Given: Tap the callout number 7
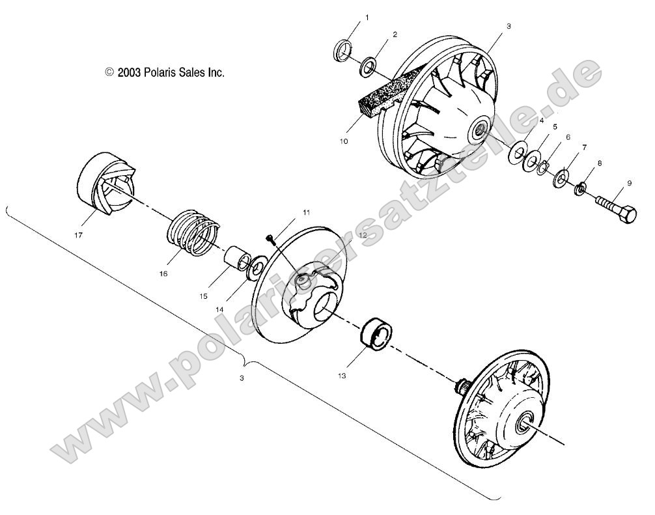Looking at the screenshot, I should pos(584,148).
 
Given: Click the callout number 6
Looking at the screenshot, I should pos(568,137).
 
